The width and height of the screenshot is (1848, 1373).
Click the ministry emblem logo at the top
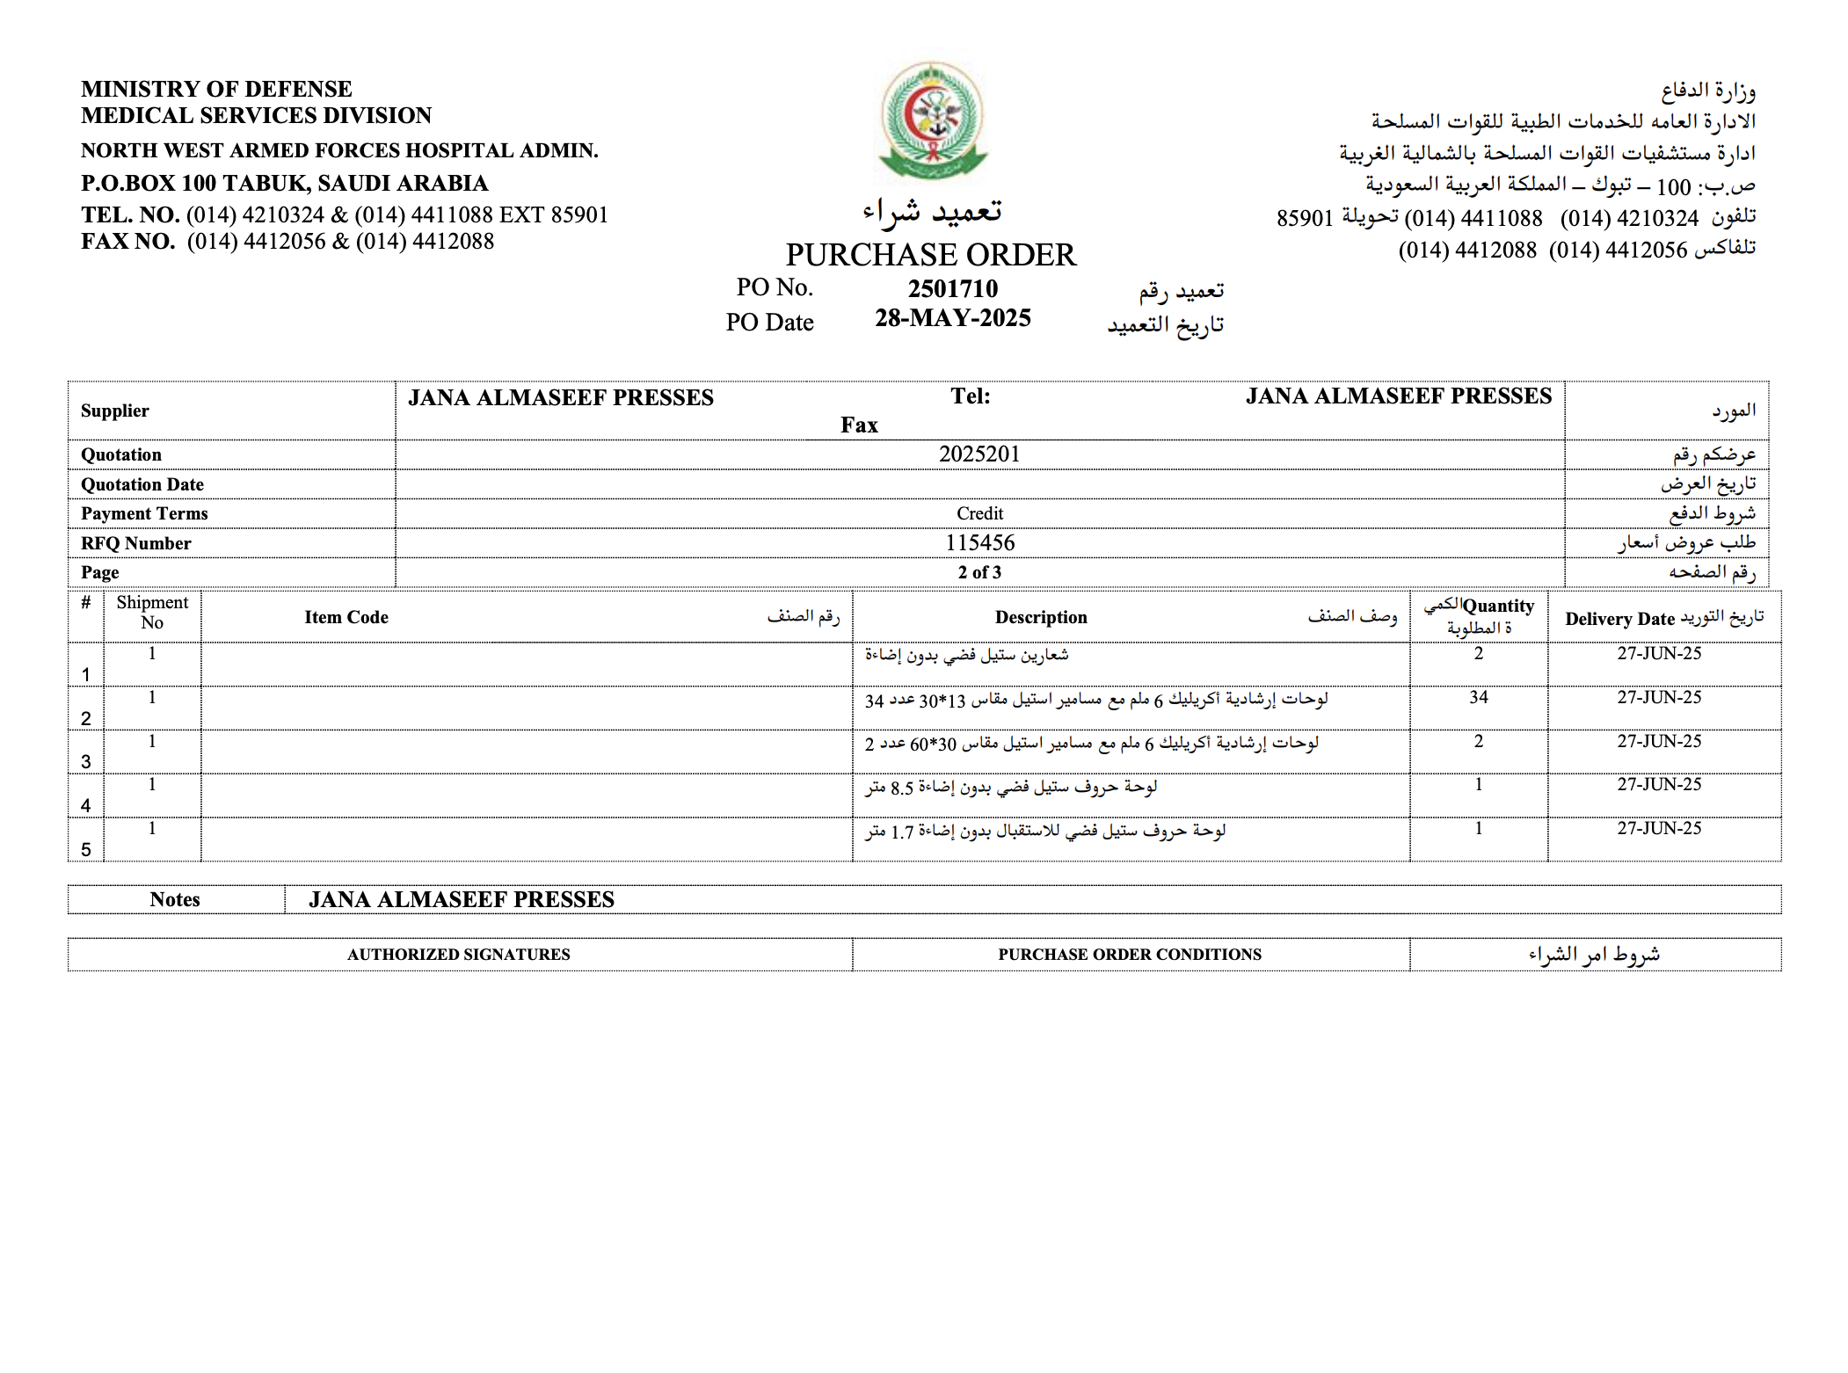click(933, 120)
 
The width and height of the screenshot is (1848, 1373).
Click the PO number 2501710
click(952, 288)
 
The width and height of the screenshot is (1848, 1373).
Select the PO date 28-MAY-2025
click(952, 318)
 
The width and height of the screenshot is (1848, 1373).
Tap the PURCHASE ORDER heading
click(930, 255)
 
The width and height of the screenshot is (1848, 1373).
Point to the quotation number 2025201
click(979, 454)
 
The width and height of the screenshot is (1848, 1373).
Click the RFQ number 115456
click(979, 543)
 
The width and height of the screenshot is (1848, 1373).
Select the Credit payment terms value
click(979, 513)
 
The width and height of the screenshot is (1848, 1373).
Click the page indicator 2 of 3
click(979, 572)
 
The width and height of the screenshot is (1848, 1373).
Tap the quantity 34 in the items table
click(1478, 697)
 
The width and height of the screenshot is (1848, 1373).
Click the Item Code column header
click(346, 617)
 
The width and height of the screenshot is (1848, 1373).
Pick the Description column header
click(1041, 617)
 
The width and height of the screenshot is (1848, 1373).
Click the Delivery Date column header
click(1619, 619)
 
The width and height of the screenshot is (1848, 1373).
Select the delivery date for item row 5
click(1659, 828)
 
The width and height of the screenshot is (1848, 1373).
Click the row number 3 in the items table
click(86, 761)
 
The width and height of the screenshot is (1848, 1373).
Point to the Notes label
click(175, 899)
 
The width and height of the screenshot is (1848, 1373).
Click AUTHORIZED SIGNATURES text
click(458, 955)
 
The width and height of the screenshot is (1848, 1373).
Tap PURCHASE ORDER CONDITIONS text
click(1130, 955)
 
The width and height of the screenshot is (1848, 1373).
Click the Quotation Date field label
click(142, 484)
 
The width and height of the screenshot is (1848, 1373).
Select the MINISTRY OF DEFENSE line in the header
click(216, 89)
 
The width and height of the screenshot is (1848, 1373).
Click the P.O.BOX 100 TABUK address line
click(284, 183)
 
